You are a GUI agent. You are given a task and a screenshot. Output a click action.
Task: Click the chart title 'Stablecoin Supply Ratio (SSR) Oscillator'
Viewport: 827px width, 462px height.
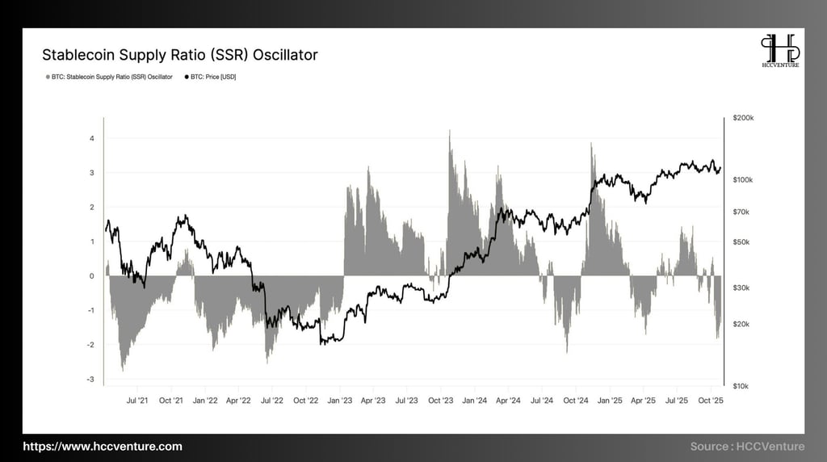click(x=179, y=55)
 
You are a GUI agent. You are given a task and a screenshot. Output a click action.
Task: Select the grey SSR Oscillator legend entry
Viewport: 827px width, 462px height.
click(x=109, y=77)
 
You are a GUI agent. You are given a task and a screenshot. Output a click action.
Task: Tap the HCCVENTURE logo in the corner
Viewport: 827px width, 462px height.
click(x=780, y=51)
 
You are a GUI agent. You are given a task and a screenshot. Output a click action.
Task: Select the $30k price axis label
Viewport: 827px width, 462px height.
click(x=741, y=288)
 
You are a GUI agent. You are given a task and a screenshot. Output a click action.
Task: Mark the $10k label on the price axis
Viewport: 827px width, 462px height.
click(x=741, y=386)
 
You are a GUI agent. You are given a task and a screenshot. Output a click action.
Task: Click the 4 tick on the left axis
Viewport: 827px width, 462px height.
click(x=92, y=138)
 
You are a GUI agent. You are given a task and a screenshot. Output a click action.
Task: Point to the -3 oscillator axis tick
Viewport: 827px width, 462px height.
click(x=90, y=380)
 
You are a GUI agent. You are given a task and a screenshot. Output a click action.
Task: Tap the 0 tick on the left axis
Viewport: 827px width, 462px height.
click(x=92, y=276)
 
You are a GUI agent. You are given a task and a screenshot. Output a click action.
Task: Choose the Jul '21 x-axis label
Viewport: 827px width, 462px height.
click(x=137, y=400)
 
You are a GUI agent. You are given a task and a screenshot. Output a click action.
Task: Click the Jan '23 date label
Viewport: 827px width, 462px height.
click(x=341, y=400)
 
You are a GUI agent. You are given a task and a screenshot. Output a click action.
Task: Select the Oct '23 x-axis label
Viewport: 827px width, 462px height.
click(x=441, y=400)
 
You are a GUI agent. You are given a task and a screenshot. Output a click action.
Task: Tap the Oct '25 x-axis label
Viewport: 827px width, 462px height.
click(x=710, y=400)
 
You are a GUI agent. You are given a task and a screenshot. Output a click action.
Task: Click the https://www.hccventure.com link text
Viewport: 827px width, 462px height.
click(x=103, y=447)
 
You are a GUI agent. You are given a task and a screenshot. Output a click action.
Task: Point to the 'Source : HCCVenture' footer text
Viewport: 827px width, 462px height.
click(x=747, y=447)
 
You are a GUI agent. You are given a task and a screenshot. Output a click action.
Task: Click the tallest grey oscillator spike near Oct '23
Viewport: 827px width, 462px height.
click(x=450, y=133)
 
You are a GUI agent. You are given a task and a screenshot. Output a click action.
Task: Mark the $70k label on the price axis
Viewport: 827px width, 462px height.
click(x=741, y=212)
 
